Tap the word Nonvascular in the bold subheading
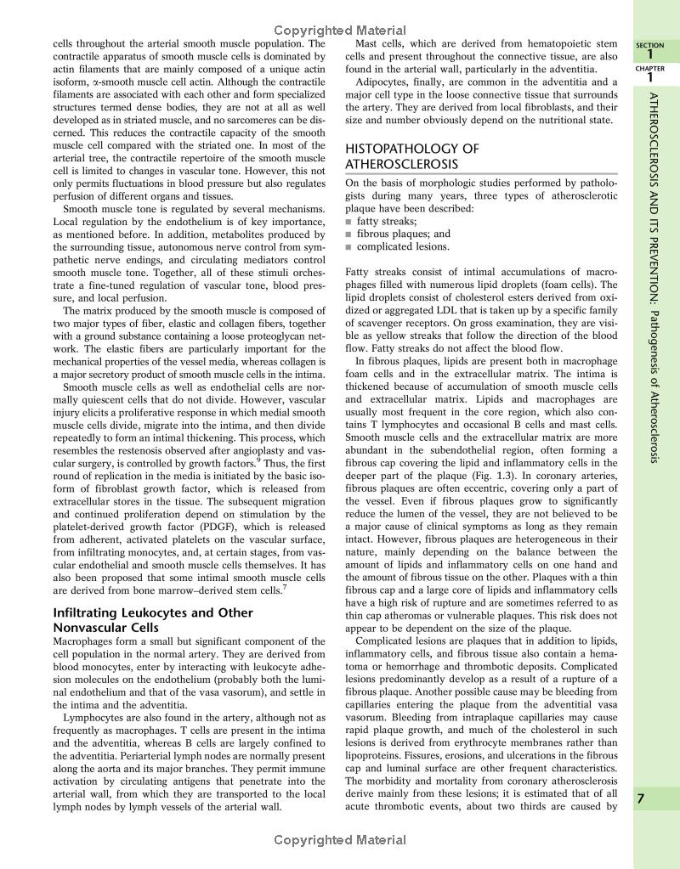pyautogui.click(x=94, y=628)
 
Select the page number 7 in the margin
pyautogui.click(x=651, y=798)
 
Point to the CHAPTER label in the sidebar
pyautogui.click(x=650, y=67)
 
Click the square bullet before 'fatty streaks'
pyautogui.click(x=348, y=221)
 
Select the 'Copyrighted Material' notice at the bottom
pyautogui.click(x=340, y=840)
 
